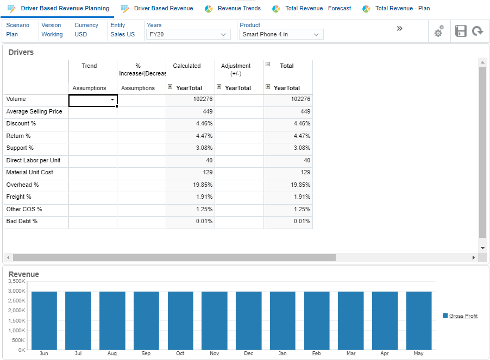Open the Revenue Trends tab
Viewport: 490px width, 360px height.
tap(238, 8)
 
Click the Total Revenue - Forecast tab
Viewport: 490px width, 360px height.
tap(318, 8)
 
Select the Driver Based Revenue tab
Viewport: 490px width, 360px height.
tap(163, 8)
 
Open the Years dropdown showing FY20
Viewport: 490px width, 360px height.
tap(188, 35)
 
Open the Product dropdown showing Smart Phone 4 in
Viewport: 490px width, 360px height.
tap(281, 35)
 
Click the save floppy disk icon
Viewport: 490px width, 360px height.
tap(461, 31)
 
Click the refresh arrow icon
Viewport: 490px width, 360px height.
tap(478, 31)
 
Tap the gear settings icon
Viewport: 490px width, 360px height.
tap(438, 31)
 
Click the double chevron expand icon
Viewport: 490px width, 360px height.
tap(399, 28)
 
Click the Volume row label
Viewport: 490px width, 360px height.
tap(16, 99)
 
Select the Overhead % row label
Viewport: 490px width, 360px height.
tap(22, 185)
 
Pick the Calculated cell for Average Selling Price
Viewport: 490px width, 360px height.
tap(190, 111)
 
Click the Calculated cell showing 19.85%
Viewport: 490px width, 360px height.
tap(190, 185)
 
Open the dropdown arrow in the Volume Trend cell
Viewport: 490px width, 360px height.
tap(112, 100)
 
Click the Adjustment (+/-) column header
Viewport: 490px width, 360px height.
tap(236, 70)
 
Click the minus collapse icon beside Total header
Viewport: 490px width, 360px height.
tap(268, 64)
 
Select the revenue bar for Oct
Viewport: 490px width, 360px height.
tap(180, 320)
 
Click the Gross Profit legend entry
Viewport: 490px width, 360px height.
tap(463, 316)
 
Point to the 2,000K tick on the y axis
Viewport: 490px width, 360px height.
tap(18, 310)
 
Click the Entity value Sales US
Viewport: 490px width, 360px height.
tap(122, 34)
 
